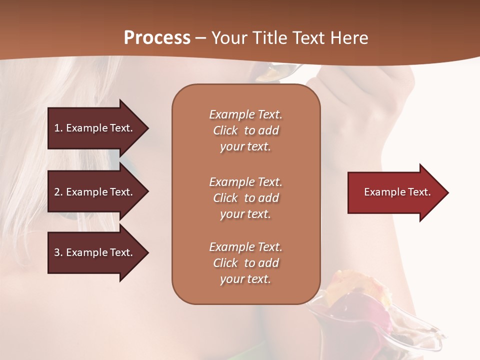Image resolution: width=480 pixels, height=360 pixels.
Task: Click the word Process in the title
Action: click(x=157, y=38)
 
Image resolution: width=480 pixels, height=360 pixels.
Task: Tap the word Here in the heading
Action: click(x=349, y=38)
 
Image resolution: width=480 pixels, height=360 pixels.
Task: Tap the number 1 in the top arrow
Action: click(x=57, y=128)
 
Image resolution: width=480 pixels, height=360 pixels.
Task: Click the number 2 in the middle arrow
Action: click(x=57, y=192)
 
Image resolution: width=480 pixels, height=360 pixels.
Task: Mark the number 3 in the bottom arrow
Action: click(x=57, y=252)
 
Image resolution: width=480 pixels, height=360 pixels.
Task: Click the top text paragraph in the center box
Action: click(x=245, y=130)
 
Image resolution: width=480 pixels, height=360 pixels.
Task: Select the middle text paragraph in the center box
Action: click(x=245, y=198)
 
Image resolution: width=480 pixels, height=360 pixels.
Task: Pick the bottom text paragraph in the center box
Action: click(x=245, y=263)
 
